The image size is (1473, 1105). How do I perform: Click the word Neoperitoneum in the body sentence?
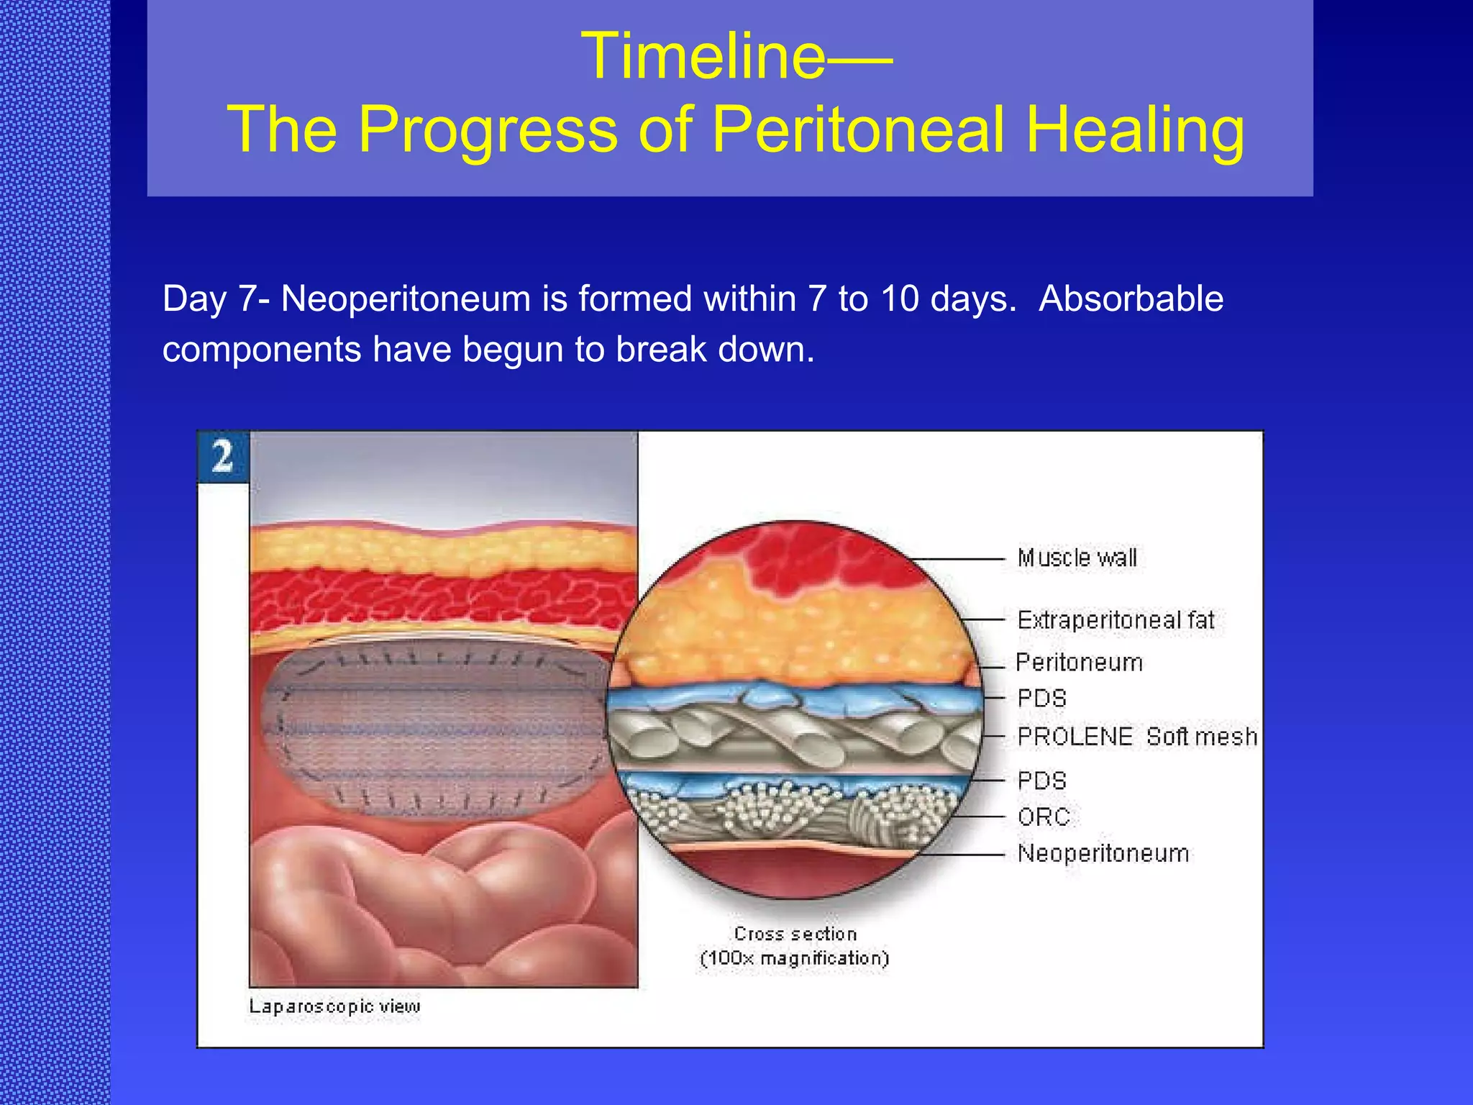(x=405, y=299)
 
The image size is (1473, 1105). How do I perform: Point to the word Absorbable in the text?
(x=1131, y=299)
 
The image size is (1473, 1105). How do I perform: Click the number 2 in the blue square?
(x=223, y=457)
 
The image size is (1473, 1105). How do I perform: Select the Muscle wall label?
(x=1077, y=558)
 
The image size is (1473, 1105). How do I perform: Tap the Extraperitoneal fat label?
(x=1116, y=620)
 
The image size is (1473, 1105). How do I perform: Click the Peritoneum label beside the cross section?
(x=1079, y=663)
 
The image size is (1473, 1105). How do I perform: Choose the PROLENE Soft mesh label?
(x=1136, y=737)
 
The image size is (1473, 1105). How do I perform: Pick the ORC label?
(x=1043, y=817)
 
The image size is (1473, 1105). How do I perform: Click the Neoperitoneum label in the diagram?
(x=1103, y=854)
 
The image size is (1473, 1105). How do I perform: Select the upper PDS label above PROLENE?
(x=1041, y=699)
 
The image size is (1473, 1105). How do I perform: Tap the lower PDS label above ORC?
(x=1041, y=781)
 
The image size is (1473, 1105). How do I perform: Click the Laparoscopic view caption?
(x=334, y=1006)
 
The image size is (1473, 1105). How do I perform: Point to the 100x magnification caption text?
(x=795, y=959)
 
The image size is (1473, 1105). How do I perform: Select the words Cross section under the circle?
(x=795, y=934)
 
